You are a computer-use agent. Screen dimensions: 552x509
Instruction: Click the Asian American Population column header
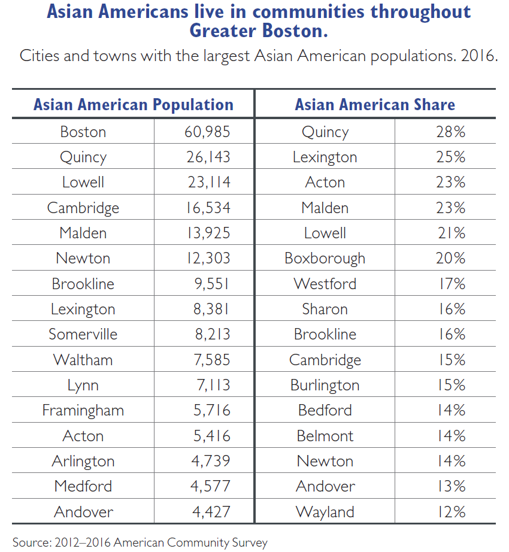tap(133, 105)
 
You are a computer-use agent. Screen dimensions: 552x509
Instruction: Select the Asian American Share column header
tap(375, 105)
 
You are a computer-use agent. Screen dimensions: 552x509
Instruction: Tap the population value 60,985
tap(207, 132)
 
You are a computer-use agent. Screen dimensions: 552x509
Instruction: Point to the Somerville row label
tap(83, 334)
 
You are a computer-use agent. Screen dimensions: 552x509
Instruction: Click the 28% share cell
tap(450, 132)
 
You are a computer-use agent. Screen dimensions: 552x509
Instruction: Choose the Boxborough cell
tap(325, 259)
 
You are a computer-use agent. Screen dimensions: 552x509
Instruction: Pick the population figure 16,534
tap(207, 208)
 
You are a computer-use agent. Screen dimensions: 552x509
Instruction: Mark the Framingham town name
tap(83, 410)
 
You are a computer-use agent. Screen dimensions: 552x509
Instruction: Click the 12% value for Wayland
tap(450, 512)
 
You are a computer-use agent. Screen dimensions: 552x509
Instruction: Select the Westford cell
tap(325, 284)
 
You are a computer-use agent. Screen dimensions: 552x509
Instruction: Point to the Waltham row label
tap(83, 360)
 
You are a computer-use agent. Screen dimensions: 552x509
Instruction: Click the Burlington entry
tap(325, 385)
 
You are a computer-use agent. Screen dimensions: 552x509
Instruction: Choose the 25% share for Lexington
tap(450, 157)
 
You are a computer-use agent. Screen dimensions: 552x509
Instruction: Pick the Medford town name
tap(83, 486)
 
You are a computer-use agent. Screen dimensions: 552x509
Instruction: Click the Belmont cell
tap(325, 436)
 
